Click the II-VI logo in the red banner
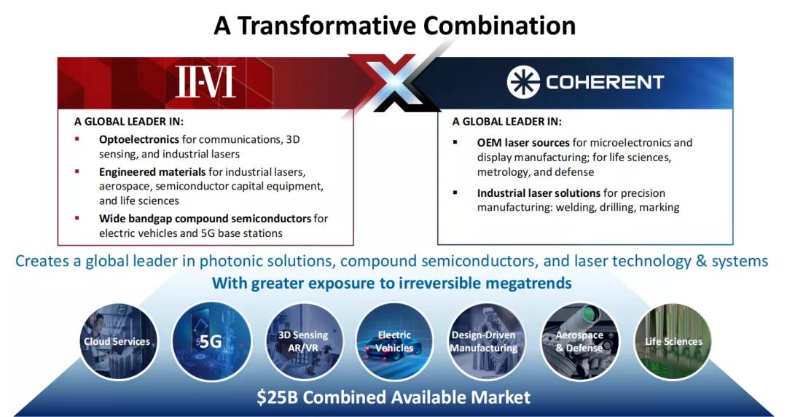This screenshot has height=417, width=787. pyautogui.click(x=205, y=82)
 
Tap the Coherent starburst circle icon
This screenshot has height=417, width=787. pyautogui.click(x=523, y=82)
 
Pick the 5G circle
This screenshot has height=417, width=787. pyautogui.click(x=211, y=341)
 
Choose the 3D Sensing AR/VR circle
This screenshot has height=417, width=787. pyautogui.click(x=303, y=341)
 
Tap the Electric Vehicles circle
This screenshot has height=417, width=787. pyautogui.click(x=394, y=341)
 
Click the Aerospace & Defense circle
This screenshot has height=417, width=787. pyautogui.click(x=580, y=341)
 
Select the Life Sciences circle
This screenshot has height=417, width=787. pyautogui.click(x=673, y=341)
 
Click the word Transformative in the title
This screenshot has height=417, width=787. pyautogui.click(x=326, y=25)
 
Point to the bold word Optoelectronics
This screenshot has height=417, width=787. pyautogui.click(x=139, y=139)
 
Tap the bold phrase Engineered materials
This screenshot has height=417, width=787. pyautogui.click(x=152, y=172)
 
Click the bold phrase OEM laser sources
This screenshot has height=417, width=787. pyautogui.click(x=523, y=143)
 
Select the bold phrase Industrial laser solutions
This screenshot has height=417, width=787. pyautogui.click(x=539, y=193)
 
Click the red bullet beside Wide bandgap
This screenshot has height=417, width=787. pyautogui.click(x=77, y=218)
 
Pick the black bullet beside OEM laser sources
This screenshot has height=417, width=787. pyautogui.click(x=455, y=142)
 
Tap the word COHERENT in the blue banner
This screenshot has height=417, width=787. pyautogui.click(x=605, y=82)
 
